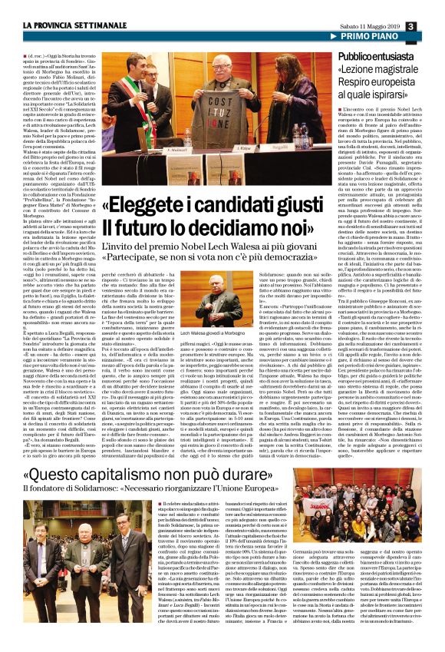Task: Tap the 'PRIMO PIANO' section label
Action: point(391,38)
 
